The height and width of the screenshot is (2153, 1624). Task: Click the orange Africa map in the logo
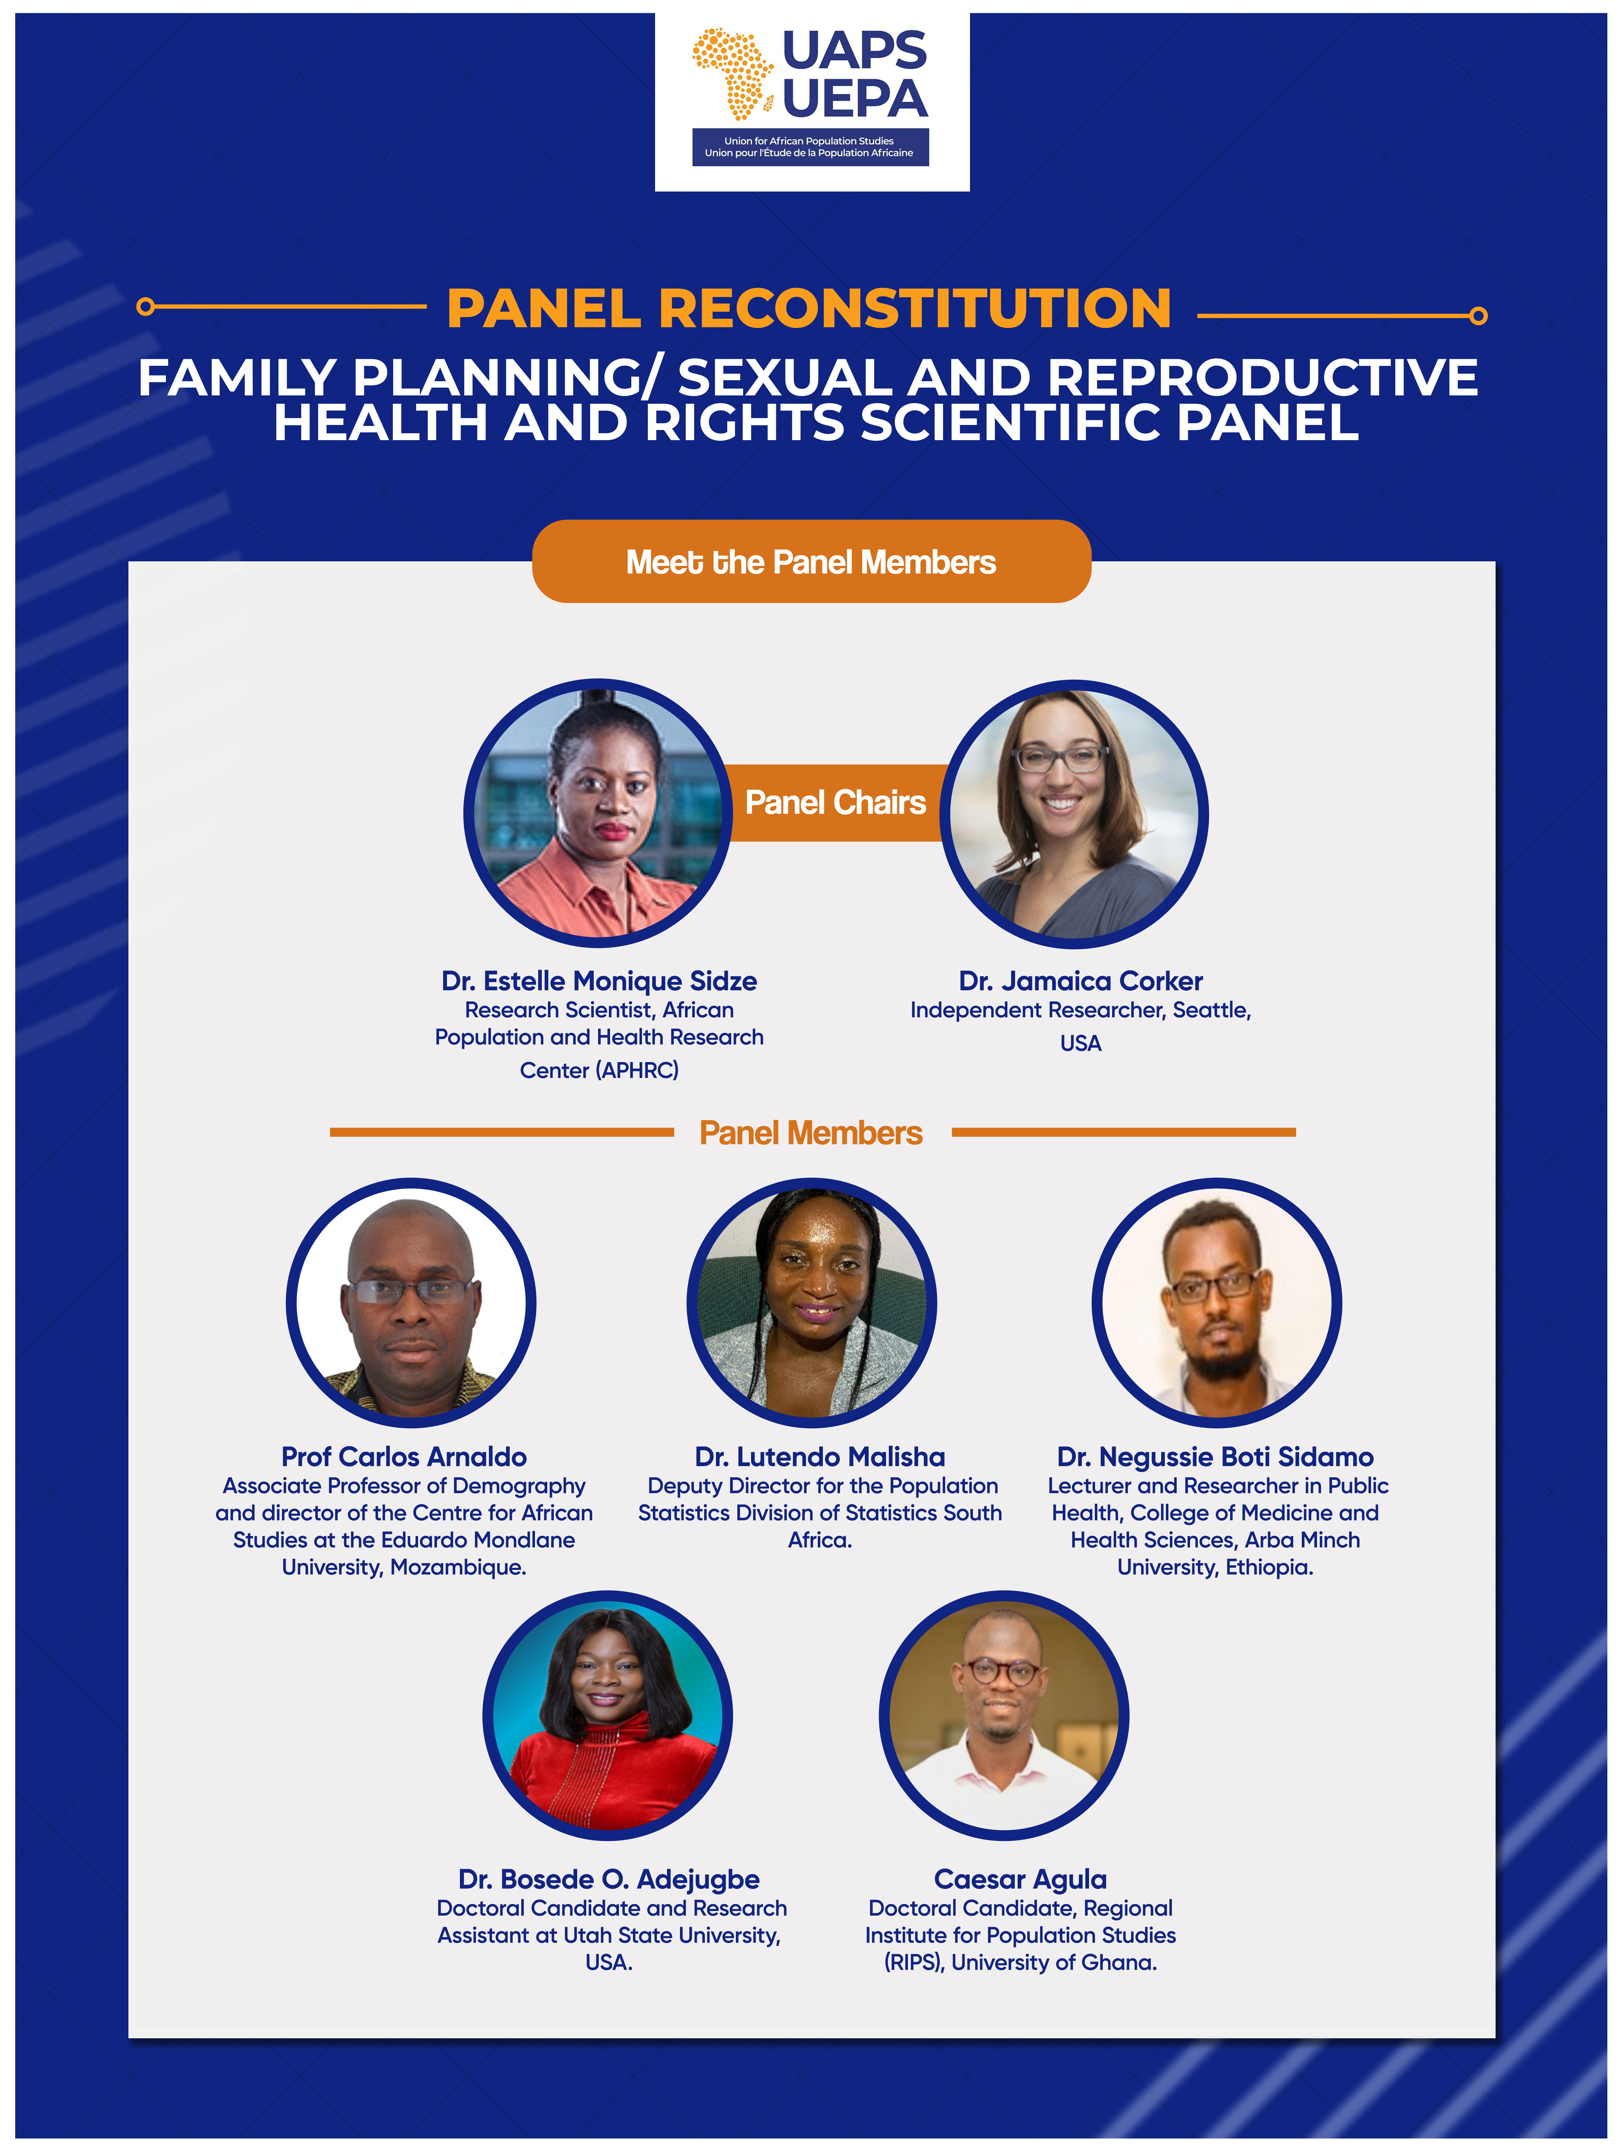pos(732,73)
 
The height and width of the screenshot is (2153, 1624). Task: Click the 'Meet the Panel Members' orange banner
pos(812,562)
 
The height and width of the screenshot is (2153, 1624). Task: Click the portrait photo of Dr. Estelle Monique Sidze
pos(598,814)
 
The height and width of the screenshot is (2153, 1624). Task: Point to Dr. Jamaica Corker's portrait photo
pos(1074,814)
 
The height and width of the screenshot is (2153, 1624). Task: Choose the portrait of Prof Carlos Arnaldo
pos(411,1303)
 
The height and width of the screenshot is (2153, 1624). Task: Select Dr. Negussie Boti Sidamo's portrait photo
pos(1216,1303)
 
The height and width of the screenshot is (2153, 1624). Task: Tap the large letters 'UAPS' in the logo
pos(854,51)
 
